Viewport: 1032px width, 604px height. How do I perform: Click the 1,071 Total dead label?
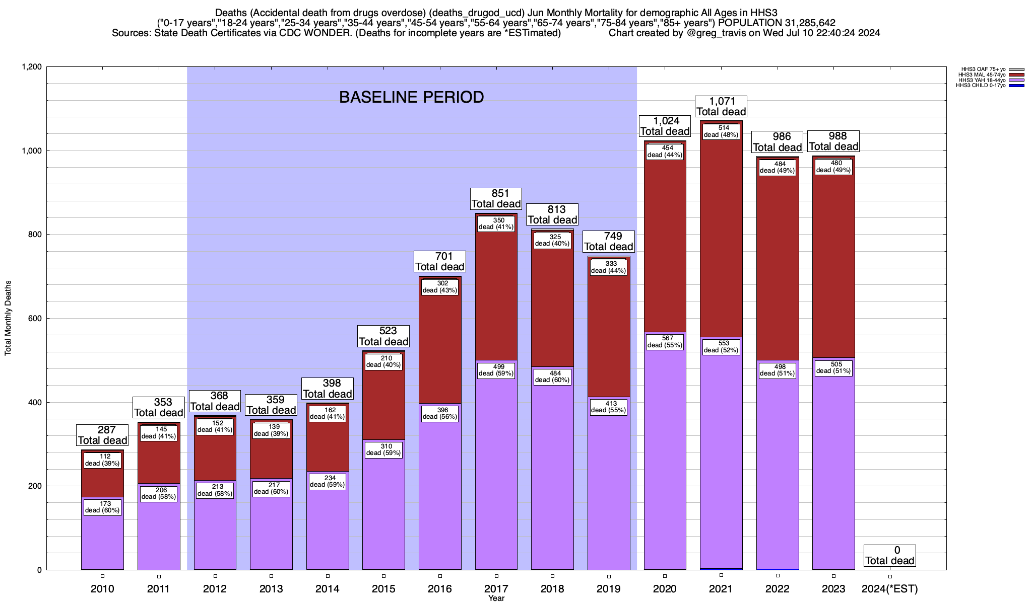tap(721, 107)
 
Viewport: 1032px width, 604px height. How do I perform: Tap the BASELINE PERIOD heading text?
tap(411, 97)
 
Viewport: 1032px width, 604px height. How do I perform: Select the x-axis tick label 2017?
tap(496, 588)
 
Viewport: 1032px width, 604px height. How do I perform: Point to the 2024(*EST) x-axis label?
tap(890, 588)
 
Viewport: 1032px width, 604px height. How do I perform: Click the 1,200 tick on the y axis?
tap(31, 67)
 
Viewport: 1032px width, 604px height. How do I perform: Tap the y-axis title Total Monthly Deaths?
tap(8, 318)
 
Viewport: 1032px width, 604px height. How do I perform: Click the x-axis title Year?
tap(496, 598)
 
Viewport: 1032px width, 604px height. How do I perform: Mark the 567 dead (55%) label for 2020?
tap(665, 342)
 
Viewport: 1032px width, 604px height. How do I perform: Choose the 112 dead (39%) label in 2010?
tap(102, 460)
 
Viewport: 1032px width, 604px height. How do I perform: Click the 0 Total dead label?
tap(889, 556)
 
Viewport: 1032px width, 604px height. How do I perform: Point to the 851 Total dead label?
tap(496, 199)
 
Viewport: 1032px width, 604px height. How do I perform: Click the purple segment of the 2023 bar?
tap(833, 468)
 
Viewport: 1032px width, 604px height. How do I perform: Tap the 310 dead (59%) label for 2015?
tap(383, 449)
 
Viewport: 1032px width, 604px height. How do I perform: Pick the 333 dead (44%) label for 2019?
tap(608, 267)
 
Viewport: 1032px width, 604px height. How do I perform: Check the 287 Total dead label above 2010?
tap(102, 435)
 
